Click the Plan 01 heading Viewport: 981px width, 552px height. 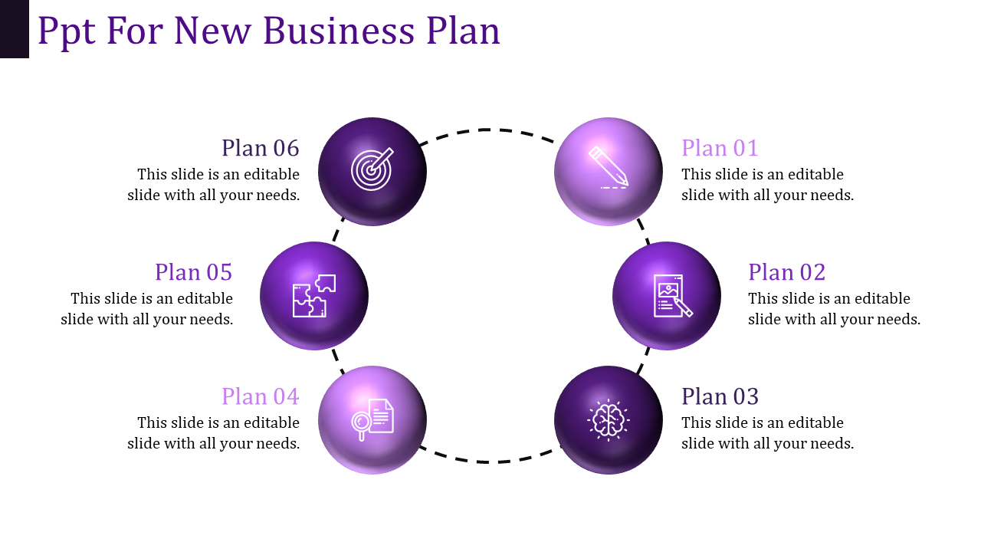click(x=720, y=148)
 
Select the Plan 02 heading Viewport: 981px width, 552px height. click(x=786, y=272)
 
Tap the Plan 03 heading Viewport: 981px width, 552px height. click(x=720, y=396)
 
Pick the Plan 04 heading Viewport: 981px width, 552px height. click(x=261, y=396)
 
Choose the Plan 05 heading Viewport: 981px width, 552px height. click(x=194, y=272)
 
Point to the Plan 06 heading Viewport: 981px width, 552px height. click(x=261, y=148)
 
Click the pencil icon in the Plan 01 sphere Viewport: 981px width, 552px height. click(x=609, y=167)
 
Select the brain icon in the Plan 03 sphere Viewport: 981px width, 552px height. click(x=608, y=419)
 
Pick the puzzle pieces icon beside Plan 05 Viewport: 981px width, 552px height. click(x=314, y=295)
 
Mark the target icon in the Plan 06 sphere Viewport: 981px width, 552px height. click(x=372, y=169)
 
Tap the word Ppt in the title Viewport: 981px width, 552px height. click(x=67, y=31)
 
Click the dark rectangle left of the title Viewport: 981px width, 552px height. click(x=14, y=28)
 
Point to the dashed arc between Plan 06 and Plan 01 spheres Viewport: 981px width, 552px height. click(x=488, y=130)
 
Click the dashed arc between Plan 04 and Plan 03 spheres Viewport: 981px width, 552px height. click(x=488, y=462)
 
